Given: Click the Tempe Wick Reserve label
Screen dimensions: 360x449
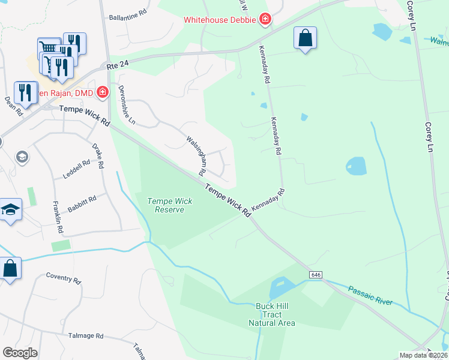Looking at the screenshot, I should click(x=170, y=205).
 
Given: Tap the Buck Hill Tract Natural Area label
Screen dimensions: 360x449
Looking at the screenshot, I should click(x=272, y=314).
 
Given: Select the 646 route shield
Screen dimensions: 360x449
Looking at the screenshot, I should click(x=316, y=274).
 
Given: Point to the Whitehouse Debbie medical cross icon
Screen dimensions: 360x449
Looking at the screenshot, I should click(x=265, y=20).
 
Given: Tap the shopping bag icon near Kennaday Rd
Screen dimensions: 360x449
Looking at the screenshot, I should click(x=305, y=38).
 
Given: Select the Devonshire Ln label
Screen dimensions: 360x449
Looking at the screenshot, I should click(x=125, y=103).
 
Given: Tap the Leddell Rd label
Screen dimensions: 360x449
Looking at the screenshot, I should click(x=76, y=169).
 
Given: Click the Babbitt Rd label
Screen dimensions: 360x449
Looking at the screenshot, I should click(x=82, y=202).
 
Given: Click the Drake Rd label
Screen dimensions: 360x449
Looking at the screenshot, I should click(x=98, y=155).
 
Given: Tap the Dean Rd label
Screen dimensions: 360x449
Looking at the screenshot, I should click(x=13, y=106).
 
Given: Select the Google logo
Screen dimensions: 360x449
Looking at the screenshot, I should click(x=20, y=353).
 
